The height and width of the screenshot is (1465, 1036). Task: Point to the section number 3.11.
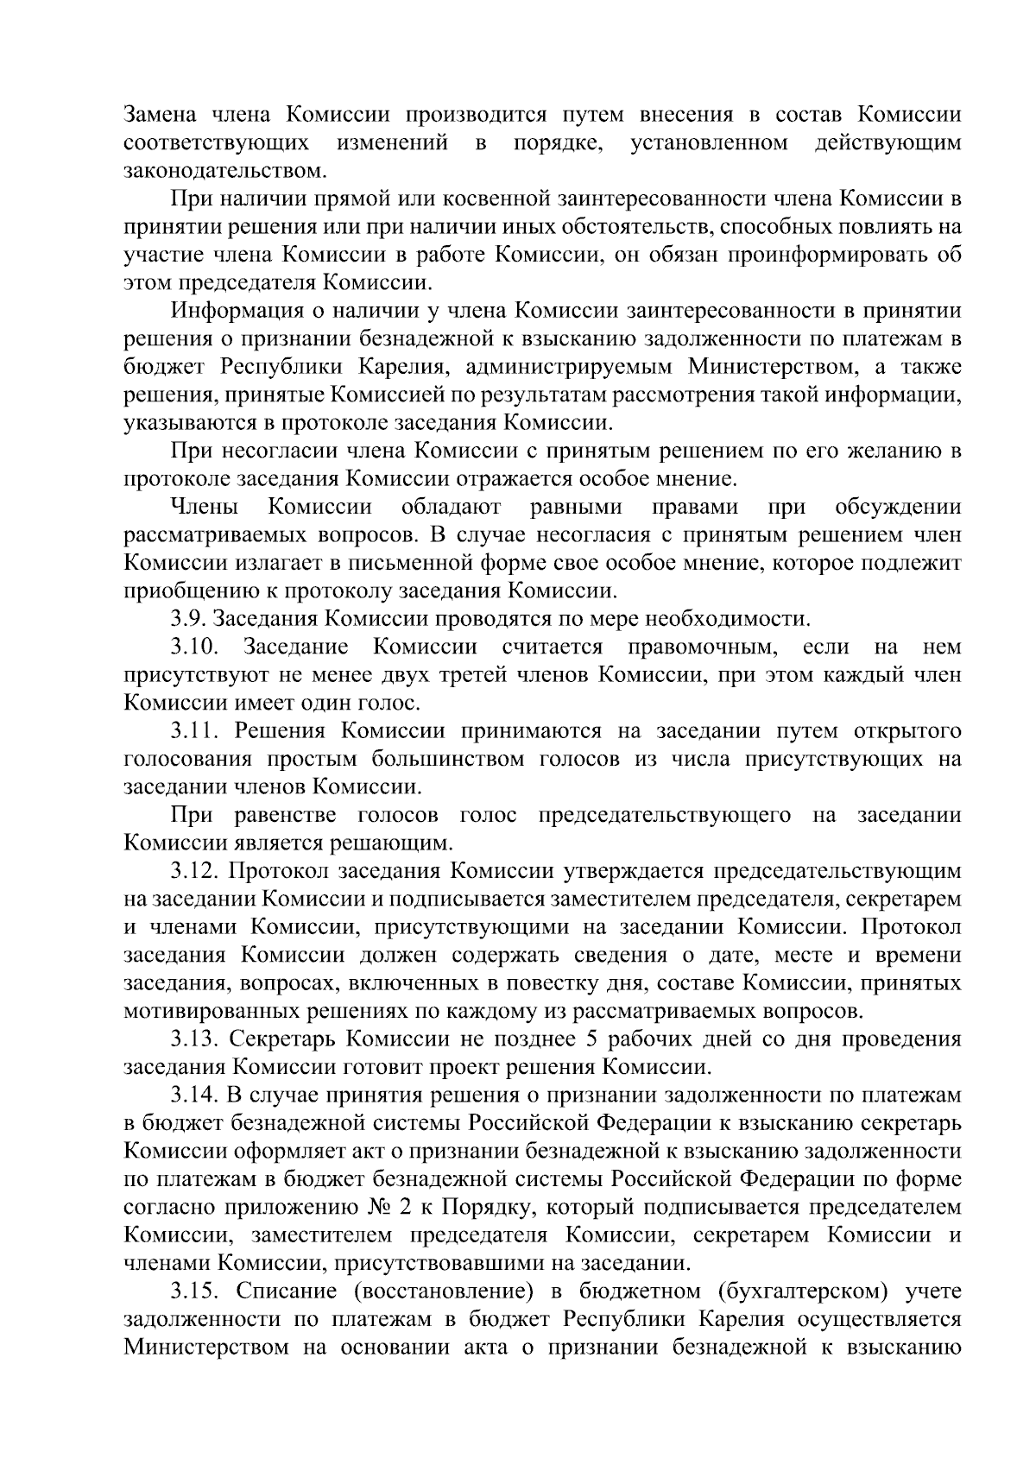(193, 731)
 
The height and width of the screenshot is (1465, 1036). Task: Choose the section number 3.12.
(194, 871)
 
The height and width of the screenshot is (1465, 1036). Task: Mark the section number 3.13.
(194, 1039)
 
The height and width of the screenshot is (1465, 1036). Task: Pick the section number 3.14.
(194, 1096)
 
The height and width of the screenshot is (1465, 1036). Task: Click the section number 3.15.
(194, 1291)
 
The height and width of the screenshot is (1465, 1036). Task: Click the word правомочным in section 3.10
(697, 647)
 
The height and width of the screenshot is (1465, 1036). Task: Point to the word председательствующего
(664, 815)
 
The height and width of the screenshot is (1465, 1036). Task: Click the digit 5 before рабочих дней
(596, 1039)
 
